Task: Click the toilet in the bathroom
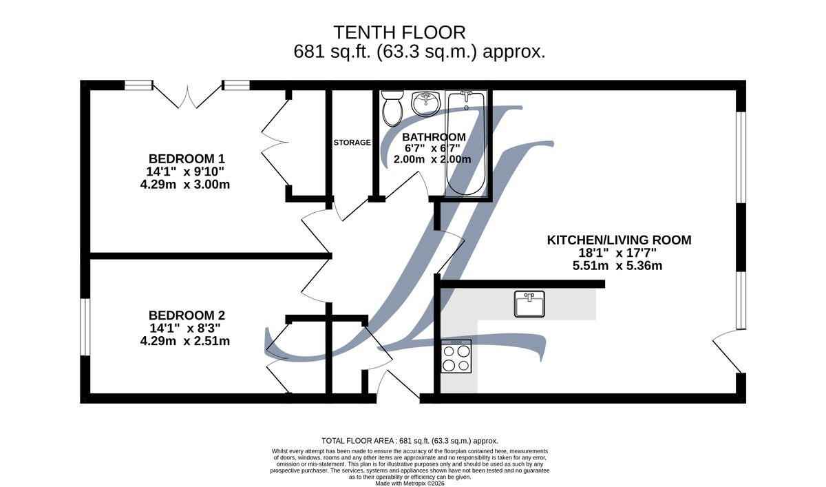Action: [x=392, y=108]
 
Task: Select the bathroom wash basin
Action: [x=427, y=104]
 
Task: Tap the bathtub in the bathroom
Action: [x=466, y=143]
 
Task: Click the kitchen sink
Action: [x=529, y=304]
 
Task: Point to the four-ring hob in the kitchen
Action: [x=456, y=356]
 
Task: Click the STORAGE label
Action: [x=352, y=143]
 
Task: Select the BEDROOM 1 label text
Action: [x=187, y=158]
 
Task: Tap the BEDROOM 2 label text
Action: [x=187, y=315]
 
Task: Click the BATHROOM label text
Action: [x=434, y=137]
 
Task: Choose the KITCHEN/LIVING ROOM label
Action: [x=619, y=240]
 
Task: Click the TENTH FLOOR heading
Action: [x=399, y=32]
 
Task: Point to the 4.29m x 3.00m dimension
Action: [x=184, y=184]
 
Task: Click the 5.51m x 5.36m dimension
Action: [x=617, y=266]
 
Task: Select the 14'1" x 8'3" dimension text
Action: [x=185, y=328]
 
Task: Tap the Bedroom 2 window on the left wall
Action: [x=85, y=327]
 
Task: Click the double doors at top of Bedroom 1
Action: [x=187, y=95]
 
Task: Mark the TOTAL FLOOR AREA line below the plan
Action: [x=410, y=441]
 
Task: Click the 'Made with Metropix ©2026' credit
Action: [x=410, y=484]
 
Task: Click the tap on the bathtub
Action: [x=467, y=96]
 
